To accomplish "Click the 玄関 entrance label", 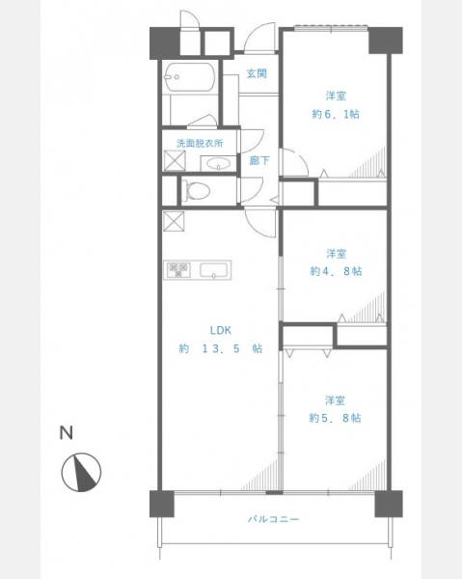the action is tap(257, 73).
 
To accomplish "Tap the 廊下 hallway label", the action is tap(259, 160).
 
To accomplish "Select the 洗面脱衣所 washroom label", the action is tap(200, 143).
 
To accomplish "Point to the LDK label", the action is tap(221, 330).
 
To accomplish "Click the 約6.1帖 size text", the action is tap(336, 114).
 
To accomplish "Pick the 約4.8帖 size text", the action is tap(336, 271).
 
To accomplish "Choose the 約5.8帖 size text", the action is tap(335, 418).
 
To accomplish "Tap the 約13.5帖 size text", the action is tap(221, 348).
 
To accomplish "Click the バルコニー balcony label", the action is tap(273, 519).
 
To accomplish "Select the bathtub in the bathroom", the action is tap(190, 77).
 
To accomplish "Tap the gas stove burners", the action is tap(178, 269).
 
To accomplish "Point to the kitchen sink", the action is tap(213, 270).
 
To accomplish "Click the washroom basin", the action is tap(218, 163).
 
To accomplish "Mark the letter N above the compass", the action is tap(66, 432).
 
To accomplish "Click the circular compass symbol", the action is tap(81, 472).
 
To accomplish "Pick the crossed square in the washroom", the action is tap(175, 160).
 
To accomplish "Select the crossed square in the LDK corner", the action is tap(174, 221).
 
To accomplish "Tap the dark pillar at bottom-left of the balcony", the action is tap(162, 504).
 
